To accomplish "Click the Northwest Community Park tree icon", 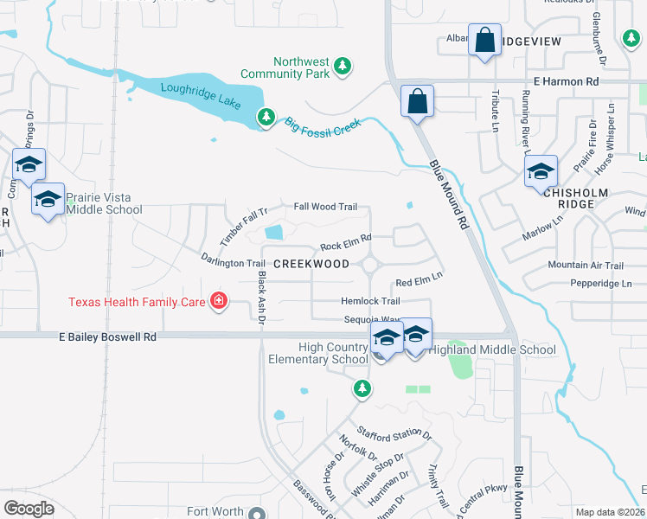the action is click(343, 66).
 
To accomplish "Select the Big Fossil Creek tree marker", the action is click(267, 117).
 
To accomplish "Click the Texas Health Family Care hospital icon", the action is click(219, 301).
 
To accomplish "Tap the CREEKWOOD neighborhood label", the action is click(311, 264).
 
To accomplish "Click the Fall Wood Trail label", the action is click(325, 207).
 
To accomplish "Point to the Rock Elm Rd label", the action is click(345, 236).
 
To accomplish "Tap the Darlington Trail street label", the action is click(233, 261).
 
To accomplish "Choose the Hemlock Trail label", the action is click(370, 301).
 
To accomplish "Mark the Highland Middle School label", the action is click(492, 349).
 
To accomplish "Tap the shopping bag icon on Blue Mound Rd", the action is click(417, 101).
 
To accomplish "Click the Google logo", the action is click(29, 509).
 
